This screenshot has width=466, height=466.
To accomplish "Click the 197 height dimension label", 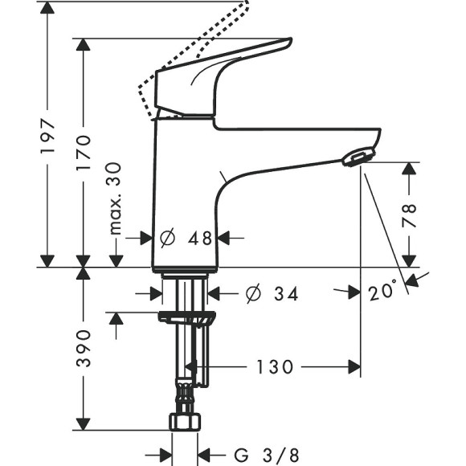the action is (x=48, y=136).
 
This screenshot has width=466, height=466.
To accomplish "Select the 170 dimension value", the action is (x=83, y=153).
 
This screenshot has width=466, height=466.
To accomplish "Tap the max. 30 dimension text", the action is (x=116, y=198).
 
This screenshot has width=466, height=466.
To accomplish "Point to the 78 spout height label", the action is (x=409, y=216).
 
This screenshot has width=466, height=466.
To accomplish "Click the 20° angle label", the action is (x=382, y=289).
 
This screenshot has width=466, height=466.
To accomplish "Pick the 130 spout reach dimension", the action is (x=275, y=367).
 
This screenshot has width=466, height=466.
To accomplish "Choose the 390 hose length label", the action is (x=83, y=349).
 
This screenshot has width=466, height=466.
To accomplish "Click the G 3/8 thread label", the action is (x=266, y=455).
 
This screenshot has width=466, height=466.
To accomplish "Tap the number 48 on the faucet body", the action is (x=200, y=238).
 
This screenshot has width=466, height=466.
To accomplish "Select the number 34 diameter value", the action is (x=286, y=294).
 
